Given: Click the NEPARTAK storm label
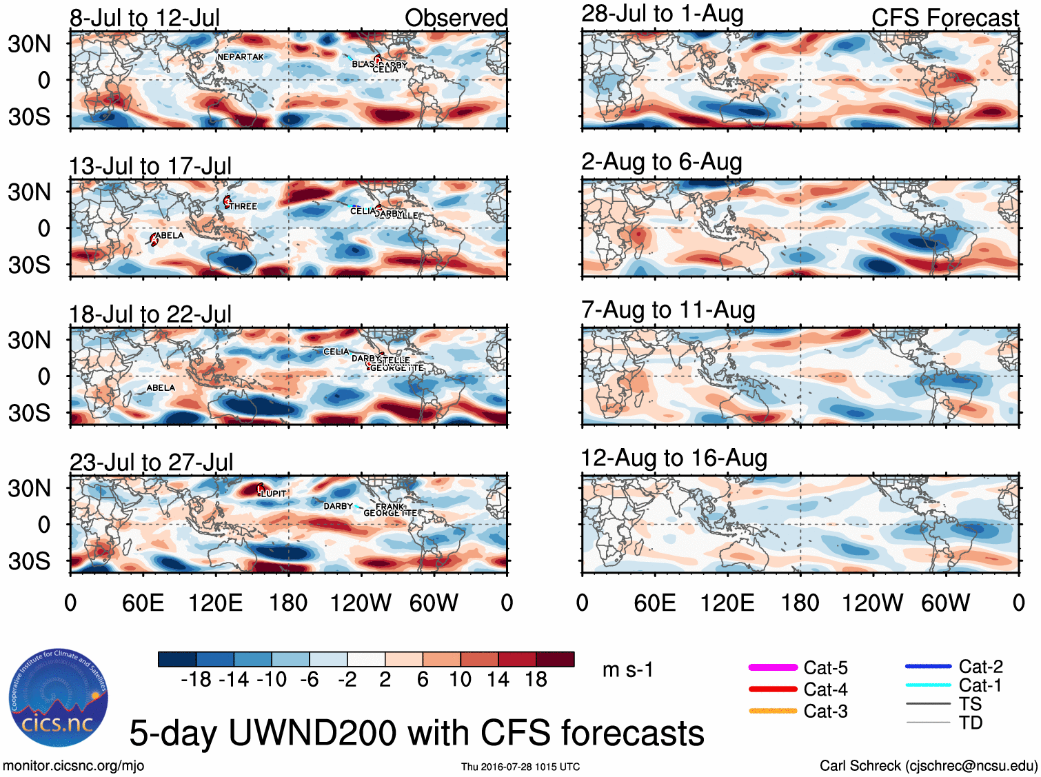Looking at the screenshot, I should [241, 57].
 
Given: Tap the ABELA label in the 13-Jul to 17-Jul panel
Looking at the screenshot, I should [170, 236].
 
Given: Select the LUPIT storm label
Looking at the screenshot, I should [274, 494].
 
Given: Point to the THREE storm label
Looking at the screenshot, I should [243, 206].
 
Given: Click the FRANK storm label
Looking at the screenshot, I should [390, 507].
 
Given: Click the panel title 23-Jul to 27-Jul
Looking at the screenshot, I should [152, 462].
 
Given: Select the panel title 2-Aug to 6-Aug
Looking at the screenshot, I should [662, 162].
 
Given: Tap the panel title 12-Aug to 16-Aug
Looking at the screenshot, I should [674, 458].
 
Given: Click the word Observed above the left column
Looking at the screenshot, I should [456, 18].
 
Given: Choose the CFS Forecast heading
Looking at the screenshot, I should [945, 18].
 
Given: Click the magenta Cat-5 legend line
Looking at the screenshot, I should [773, 667].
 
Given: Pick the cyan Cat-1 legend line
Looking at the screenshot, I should [928, 685].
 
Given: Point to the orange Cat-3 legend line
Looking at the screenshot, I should [773, 711].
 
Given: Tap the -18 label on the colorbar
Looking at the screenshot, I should [196, 680].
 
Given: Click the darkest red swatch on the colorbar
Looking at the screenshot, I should [555, 659].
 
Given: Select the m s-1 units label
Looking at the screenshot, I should [627, 670].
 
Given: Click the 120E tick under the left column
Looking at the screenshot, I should [216, 603].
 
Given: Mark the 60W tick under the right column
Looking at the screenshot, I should [945, 603].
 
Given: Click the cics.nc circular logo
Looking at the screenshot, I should [59, 698].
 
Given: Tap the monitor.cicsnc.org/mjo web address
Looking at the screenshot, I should [74, 765].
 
